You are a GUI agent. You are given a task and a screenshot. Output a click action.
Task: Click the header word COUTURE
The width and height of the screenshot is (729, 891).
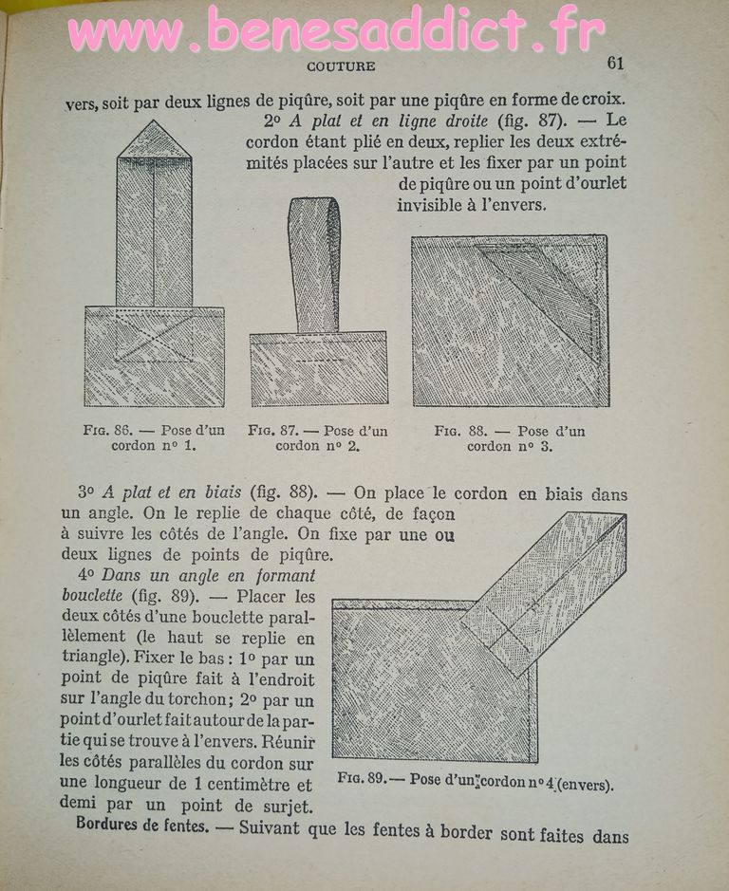(x=341, y=66)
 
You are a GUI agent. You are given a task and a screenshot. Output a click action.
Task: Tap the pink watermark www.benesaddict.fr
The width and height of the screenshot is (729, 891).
(x=337, y=31)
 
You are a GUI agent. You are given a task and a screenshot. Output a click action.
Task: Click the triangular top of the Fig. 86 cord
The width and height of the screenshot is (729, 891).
(x=154, y=139)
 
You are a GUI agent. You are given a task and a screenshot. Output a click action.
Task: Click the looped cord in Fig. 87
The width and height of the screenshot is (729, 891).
(x=313, y=261)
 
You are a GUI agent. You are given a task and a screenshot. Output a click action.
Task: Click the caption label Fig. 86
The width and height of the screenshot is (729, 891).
(x=104, y=430)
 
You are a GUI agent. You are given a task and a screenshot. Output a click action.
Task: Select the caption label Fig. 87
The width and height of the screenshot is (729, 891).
(x=270, y=430)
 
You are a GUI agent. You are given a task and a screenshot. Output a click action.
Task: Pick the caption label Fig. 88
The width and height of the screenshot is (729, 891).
(x=457, y=431)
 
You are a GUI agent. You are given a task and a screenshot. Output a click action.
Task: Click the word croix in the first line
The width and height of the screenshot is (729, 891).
(x=602, y=99)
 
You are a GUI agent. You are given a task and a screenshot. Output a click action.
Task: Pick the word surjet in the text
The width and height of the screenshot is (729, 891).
(x=288, y=806)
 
